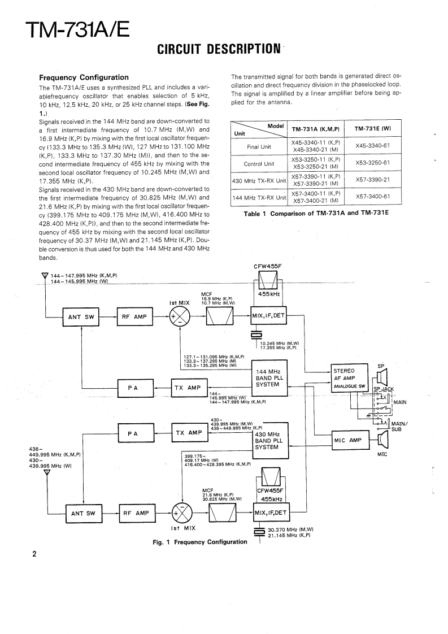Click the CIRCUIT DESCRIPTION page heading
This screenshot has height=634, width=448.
[x=219, y=49]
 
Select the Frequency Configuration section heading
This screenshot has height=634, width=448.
[x=83, y=77]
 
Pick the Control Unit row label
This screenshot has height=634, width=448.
[x=259, y=164]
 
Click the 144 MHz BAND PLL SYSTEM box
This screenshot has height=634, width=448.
[x=269, y=378]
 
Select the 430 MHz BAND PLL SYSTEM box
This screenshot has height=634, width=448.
[x=269, y=440]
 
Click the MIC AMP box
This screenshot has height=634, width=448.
[x=348, y=440]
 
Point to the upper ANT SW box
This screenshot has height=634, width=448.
[x=81, y=317]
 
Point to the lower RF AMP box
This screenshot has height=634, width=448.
[x=135, y=513]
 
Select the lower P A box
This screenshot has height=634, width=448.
[x=133, y=433]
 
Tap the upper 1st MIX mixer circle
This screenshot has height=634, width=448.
[x=180, y=317]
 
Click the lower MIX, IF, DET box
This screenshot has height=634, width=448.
[x=271, y=513]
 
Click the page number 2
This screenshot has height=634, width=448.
[x=34, y=554]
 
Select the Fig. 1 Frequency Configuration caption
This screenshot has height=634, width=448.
[x=200, y=542]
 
